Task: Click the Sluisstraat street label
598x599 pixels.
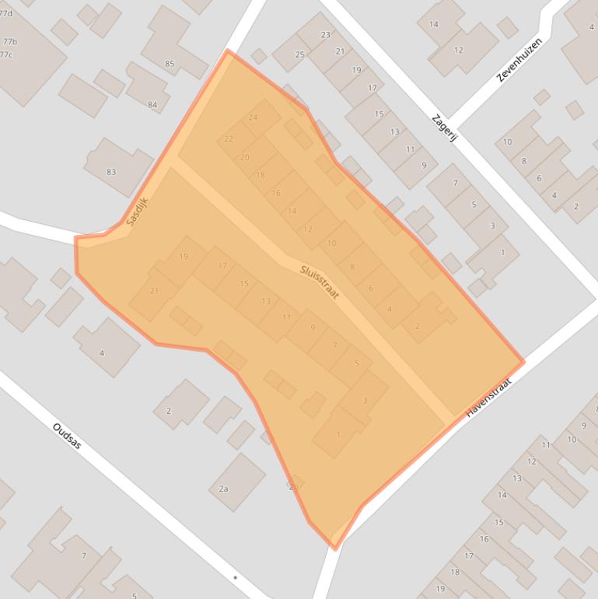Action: pyautogui.click(x=320, y=282)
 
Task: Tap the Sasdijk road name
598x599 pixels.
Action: pyautogui.click(x=137, y=210)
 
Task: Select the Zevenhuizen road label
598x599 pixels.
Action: pyautogui.click(x=518, y=61)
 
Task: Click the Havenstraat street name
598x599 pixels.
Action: pyautogui.click(x=489, y=398)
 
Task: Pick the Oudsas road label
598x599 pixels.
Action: pyautogui.click(x=67, y=436)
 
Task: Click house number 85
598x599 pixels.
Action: pyautogui.click(x=170, y=64)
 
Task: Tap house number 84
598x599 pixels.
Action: pyautogui.click(x=152, y=105)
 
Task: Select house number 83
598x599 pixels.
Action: pyautogui.click(x=111, y=172)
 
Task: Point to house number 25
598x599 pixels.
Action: pyautogui.click(x=299, y=54)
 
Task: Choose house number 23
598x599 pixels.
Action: pyautogui.click(x=325, y=35)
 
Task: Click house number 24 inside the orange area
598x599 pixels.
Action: pyautogui.click(x=253, y=117)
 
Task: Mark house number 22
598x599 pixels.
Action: pyautogui.click(x=228, y=138)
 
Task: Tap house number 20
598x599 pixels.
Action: pyautogui.click(x=245, y=157)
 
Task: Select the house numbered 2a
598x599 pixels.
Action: pyautogui.click(x=223, y=489)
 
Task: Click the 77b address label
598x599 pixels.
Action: pyautogui.click(x=9, y=41)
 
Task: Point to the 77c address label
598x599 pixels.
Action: pyautogui.click(x=6, y=54)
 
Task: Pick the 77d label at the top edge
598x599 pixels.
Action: pyautogui.click(x=6, y=13)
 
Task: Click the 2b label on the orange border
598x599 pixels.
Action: pyautogui.click(x=293, y=487)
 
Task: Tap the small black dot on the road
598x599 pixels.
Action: pyautogui.click(x=235, y=578)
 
